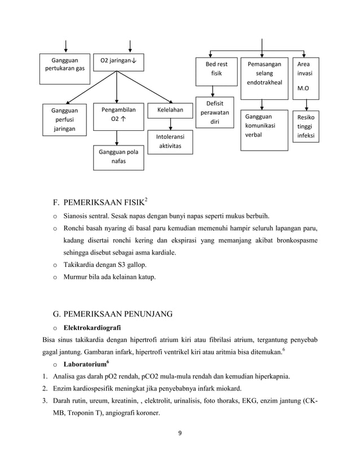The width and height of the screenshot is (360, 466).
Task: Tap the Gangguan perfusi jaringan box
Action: pos(65,120)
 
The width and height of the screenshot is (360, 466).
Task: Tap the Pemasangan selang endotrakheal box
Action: pos(263,74)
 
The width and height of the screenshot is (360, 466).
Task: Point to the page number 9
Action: pos(179,434)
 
